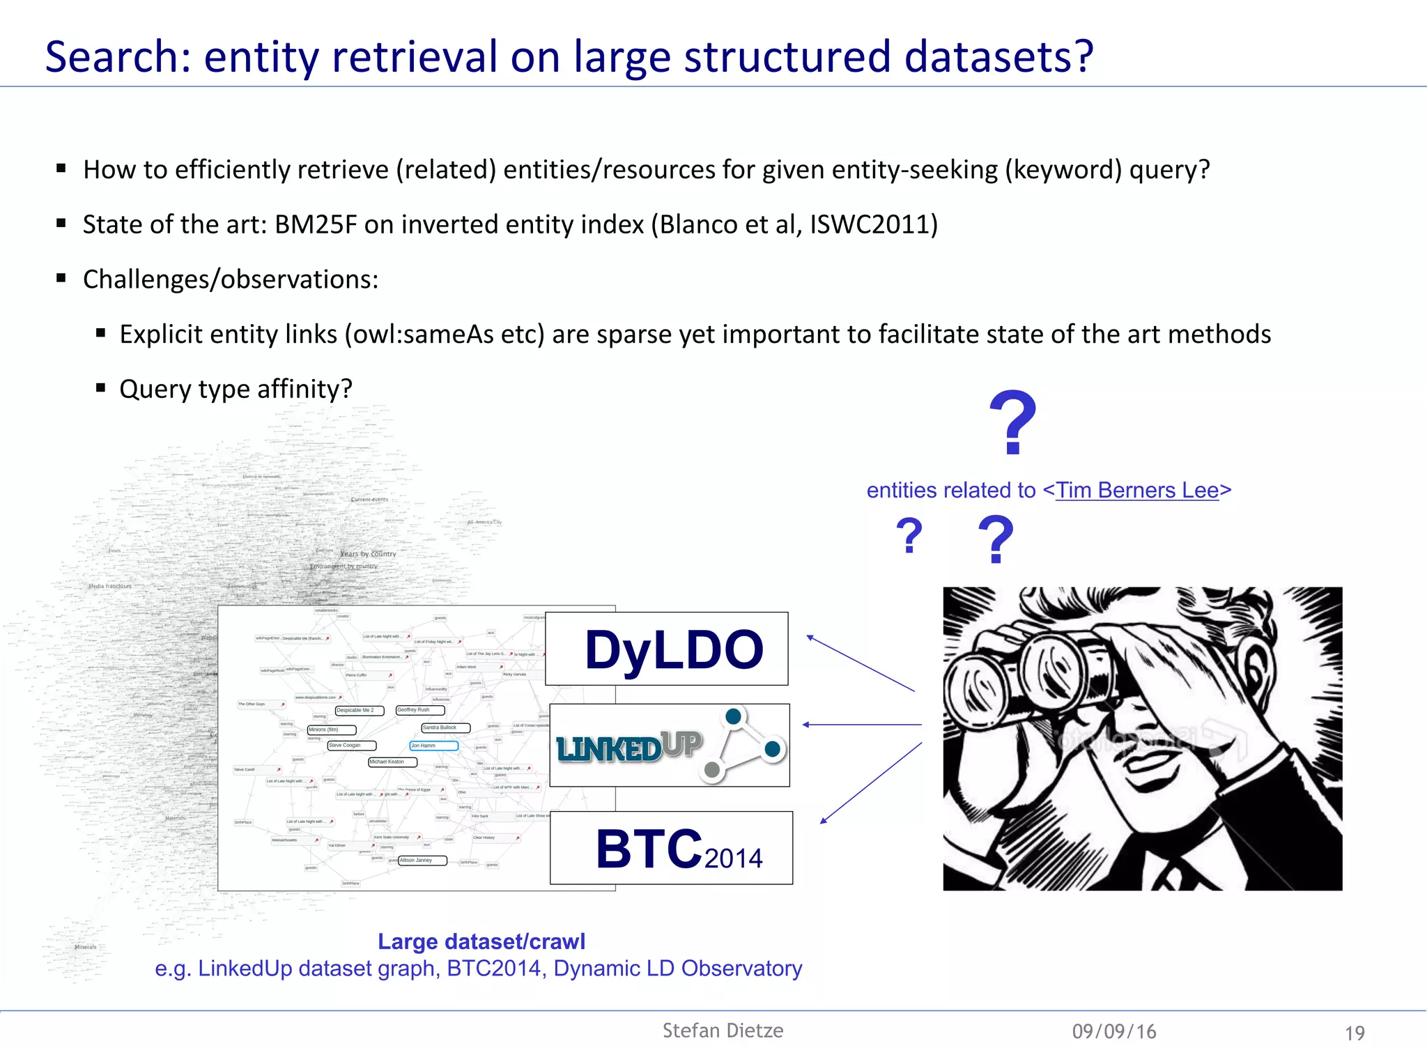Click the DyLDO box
pos(667,649)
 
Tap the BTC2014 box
pos(671,848)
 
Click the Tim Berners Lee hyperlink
pos(1137,491)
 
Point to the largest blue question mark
pos(1012,423)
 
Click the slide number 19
pos(1355,1033)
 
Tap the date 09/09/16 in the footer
pos(1114,1031)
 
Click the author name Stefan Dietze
pos(723,1031)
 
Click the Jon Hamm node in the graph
pos(433,746)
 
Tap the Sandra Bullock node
pos(445,727)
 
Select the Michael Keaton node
pos(392,762)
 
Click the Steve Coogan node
pos(351,746)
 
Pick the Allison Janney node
pos(422,861)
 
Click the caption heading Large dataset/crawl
pos(481,941)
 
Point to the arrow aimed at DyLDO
pos(860,663)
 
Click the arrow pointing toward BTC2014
pos(871,783)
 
